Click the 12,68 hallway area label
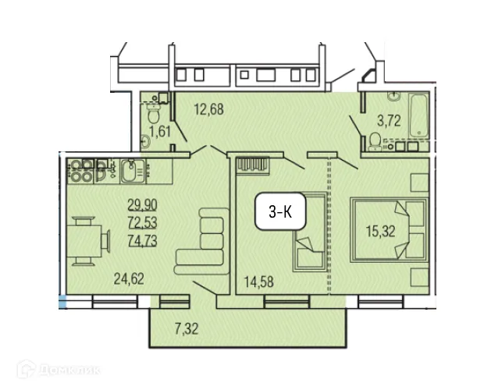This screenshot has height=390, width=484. click(x=208, y=110)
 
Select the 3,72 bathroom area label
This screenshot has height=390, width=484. click(x=390, y=120)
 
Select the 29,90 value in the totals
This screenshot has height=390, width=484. click(x=141, y=207)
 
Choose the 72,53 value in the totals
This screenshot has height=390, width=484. click(x=141, y=223)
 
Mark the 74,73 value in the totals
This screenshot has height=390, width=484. click(x=141, y=239)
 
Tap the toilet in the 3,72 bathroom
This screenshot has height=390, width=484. click(x=375, y=140)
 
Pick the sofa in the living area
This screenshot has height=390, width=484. click(x=201, y=239)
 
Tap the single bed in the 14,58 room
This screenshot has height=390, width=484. click(x=307, y=231)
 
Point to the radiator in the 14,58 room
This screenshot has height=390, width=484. click(x=254, y=165)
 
